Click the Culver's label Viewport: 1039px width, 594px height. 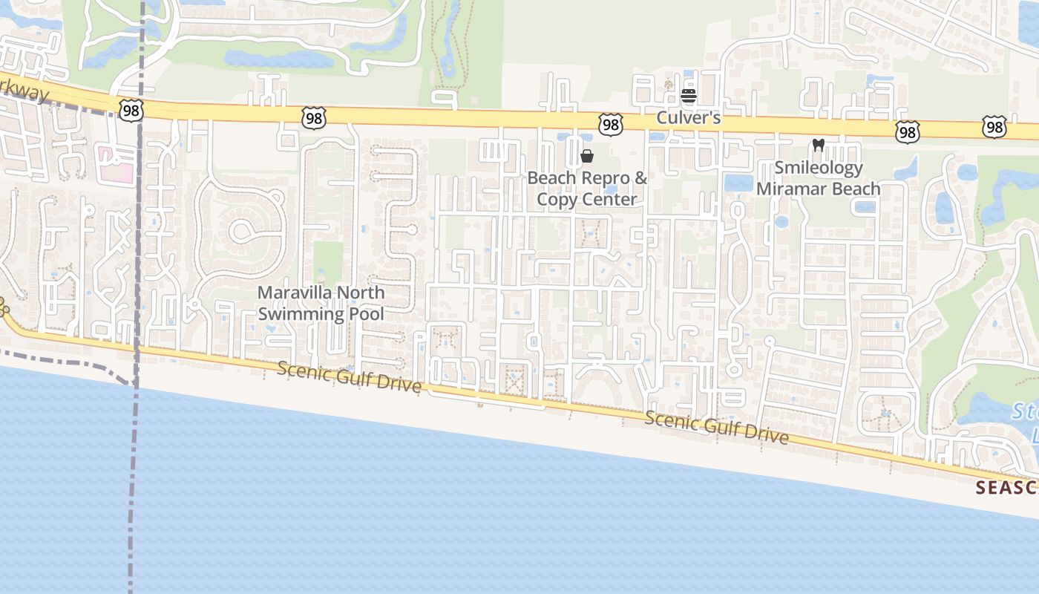point(689,118)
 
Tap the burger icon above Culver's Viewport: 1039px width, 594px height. point(689,96)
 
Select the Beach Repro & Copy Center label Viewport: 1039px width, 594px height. point(587,189)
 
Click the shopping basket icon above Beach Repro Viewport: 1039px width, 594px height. point(587,156)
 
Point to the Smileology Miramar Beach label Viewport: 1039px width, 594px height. point(819,178)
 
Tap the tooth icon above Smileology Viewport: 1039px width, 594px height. point(819,145)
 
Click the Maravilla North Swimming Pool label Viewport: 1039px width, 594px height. point(321,303)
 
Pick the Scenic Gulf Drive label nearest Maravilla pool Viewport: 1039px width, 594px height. point(350,377)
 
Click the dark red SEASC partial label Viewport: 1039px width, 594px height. point(1006,488)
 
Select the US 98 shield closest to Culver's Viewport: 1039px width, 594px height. point(610,124)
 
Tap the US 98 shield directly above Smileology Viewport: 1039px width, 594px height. point(907,132)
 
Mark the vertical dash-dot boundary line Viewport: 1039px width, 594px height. point(137,245)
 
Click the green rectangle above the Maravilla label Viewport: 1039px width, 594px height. point(327,261)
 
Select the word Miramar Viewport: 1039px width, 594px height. point(789,189)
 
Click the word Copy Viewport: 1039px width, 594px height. point(554,199)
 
